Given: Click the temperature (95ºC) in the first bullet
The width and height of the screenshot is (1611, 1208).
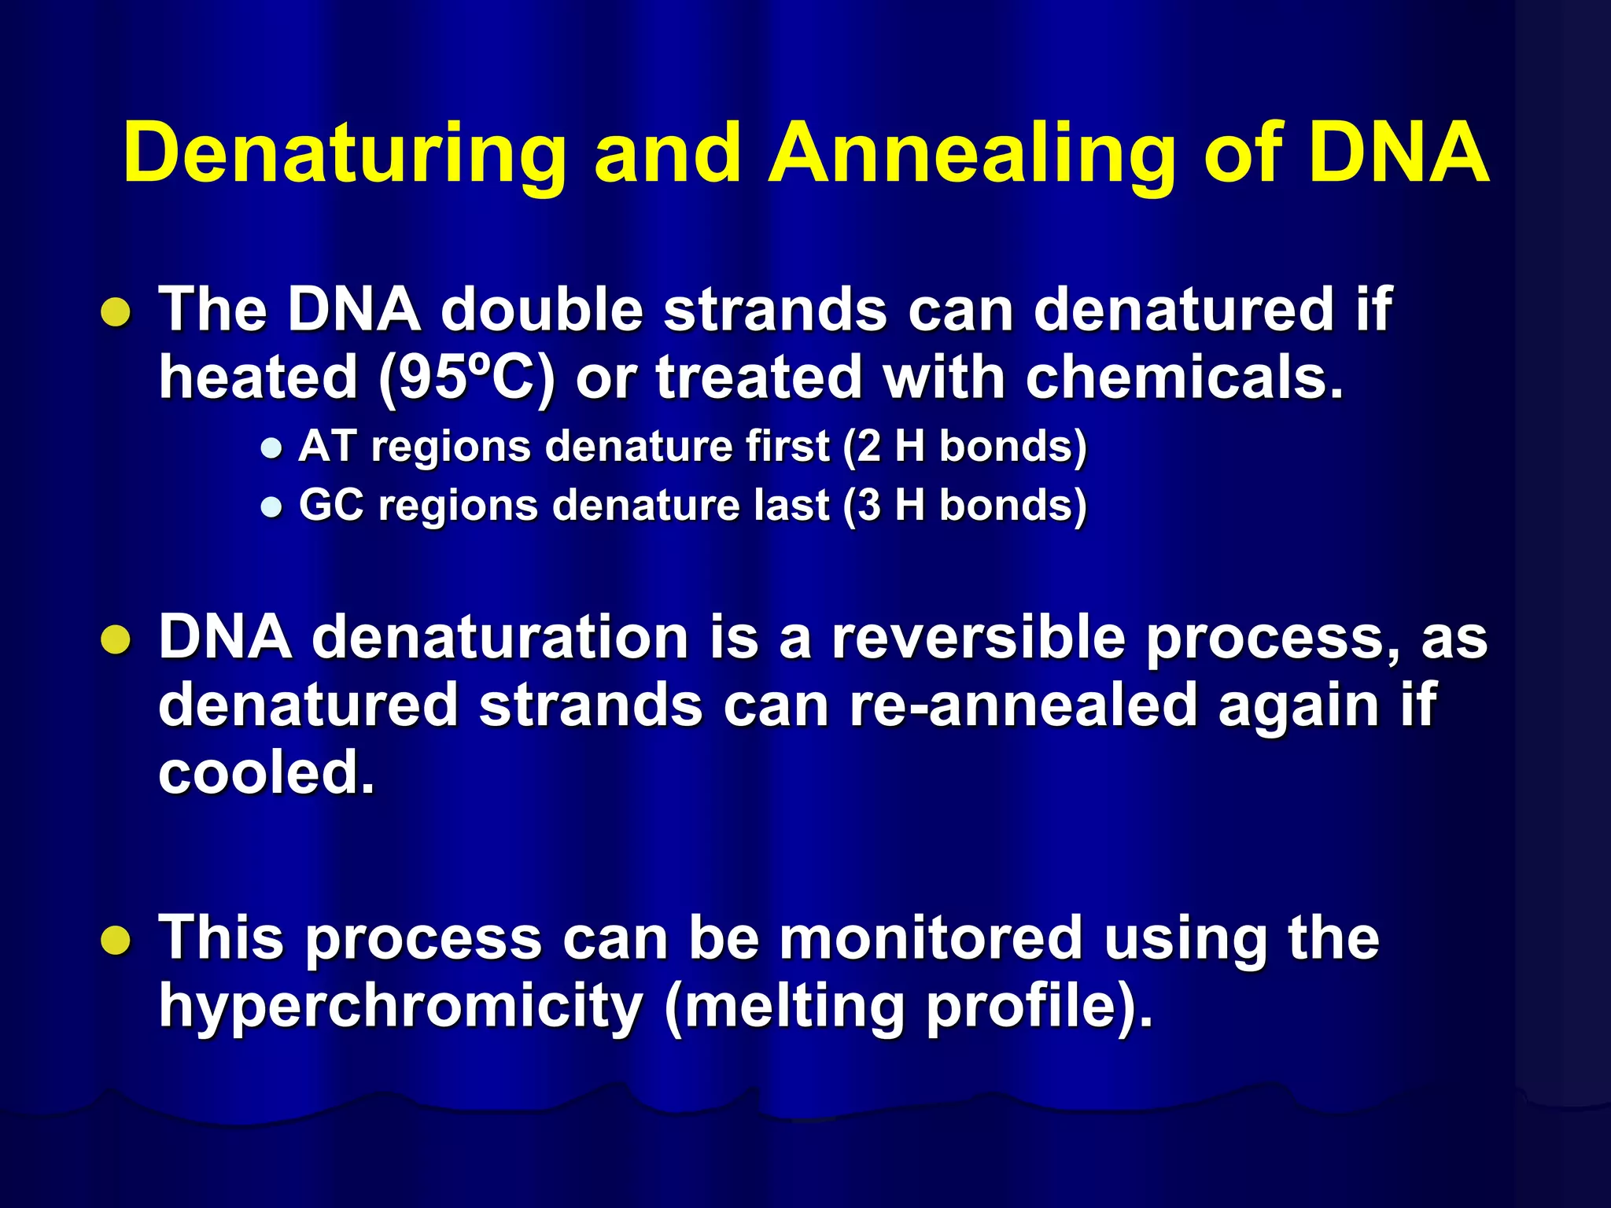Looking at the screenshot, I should [x=466, y=378].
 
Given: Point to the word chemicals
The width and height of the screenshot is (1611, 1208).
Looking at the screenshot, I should [x=1183, y=377].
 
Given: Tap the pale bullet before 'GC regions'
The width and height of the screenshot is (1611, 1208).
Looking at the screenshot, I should [x=271, y=507].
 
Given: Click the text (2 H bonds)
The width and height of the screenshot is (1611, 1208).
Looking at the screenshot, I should [x=964, y=447].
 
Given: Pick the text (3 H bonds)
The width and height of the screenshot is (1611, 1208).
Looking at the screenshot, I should [x=964, y=505].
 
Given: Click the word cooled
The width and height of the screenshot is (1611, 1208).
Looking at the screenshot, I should [x=266, y=772].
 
